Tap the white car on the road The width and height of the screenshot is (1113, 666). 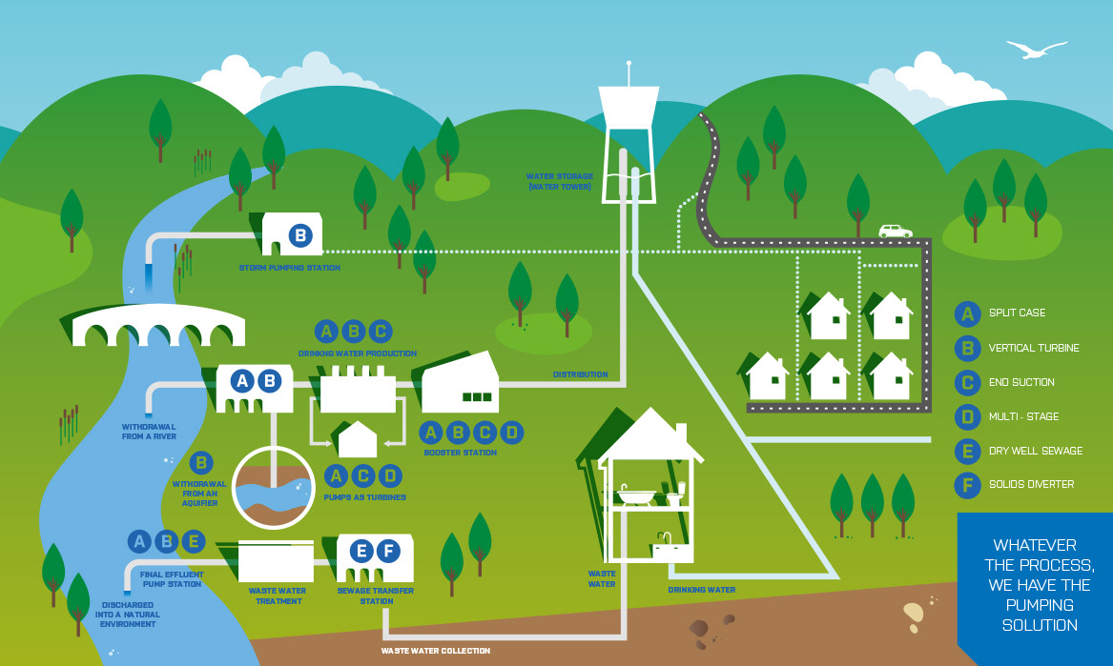(895, 231)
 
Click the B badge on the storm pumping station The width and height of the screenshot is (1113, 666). (299, 235)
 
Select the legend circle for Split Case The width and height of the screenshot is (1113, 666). (968, 313)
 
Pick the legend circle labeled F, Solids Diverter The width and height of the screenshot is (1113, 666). (968, 485)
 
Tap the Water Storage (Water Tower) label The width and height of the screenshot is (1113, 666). (560, 181)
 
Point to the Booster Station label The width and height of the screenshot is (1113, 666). (461, 453)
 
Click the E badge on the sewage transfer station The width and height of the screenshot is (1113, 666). (361, 551)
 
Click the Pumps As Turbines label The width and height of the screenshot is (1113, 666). (365, 497)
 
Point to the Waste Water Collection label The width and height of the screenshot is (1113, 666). (436, 651)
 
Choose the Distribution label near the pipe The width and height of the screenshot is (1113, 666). (580, 374)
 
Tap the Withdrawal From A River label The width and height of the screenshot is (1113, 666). (150, 432)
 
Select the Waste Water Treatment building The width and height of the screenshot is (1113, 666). (276, 562)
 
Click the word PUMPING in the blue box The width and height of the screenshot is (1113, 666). (1040, 605)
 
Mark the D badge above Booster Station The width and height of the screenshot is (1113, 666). (512, 433)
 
